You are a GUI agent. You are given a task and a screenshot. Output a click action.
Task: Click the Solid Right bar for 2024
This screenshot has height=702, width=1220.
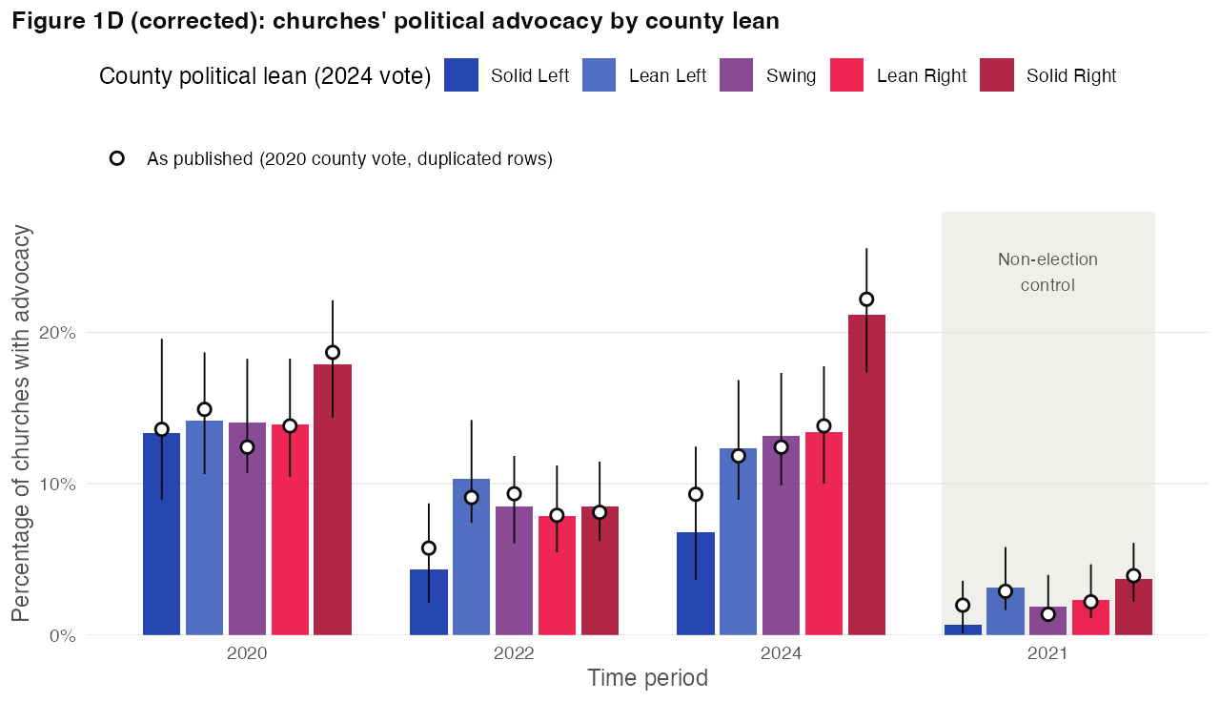tap(866, 475)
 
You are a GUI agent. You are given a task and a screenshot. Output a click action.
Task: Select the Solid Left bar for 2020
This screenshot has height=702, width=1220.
tap(161, 534)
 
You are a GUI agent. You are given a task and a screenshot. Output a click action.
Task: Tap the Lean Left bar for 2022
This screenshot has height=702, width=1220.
tap(471, 557)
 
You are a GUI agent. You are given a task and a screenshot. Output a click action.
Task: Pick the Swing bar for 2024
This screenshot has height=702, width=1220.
tap(781, 535)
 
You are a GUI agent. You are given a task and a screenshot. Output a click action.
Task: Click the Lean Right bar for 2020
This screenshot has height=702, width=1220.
tap(290, 529)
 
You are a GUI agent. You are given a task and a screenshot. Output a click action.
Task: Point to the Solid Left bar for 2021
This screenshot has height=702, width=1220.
tap(963, 630)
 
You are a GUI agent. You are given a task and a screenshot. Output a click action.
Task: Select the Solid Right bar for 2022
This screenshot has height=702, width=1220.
tap(600, 570)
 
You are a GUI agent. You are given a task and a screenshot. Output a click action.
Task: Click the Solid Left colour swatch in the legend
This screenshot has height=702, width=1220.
tap(461, 74)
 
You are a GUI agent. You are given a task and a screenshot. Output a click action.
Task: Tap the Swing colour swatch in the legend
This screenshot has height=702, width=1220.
tap(736, 74)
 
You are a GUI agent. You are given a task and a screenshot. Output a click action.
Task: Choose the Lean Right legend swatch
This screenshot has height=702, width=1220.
tap(846, 74)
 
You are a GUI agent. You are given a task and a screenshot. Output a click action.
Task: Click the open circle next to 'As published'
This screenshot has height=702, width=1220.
tap(117, 158)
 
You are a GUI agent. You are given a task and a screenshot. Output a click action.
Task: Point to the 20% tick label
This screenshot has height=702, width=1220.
tap(57, 333)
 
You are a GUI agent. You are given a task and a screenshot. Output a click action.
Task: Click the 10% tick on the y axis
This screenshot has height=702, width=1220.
tap(57, 484)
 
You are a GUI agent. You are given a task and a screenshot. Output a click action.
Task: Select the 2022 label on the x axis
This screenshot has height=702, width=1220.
tap(514, 653)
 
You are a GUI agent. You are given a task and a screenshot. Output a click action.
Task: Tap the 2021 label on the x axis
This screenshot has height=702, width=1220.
tap(1047, 653)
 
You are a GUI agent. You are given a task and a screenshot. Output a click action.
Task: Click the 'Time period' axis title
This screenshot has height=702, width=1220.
tap(647, 678)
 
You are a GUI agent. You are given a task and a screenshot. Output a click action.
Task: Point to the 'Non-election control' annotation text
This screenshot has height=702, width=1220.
tap(1047, 272)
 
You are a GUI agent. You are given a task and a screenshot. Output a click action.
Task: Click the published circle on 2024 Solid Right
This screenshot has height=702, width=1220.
tap(866, 299)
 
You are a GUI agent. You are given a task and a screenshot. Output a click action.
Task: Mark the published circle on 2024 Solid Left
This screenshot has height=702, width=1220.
tap(696, 494)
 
